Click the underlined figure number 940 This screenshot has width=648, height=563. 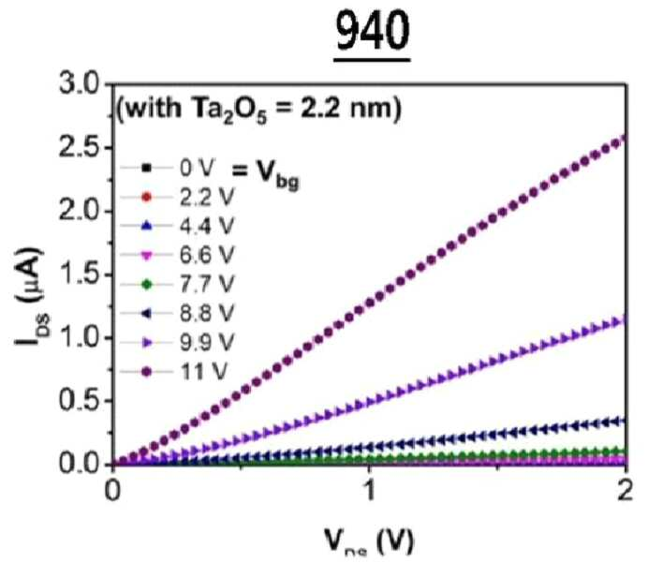click(x=373, y=32)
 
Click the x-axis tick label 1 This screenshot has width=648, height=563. click(x=369, y=491)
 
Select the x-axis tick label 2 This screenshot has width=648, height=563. click(x=625, y=491)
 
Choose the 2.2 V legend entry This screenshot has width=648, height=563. click(x=177, y=197)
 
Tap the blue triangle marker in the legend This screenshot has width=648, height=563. click(x=147, y=226)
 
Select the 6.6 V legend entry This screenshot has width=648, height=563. click(x=177, y=255)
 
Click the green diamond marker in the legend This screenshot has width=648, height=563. click(x=147, y=285)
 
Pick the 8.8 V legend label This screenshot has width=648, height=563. click(x=207, y=313)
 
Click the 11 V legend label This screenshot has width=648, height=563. click(x=203, y=372)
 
